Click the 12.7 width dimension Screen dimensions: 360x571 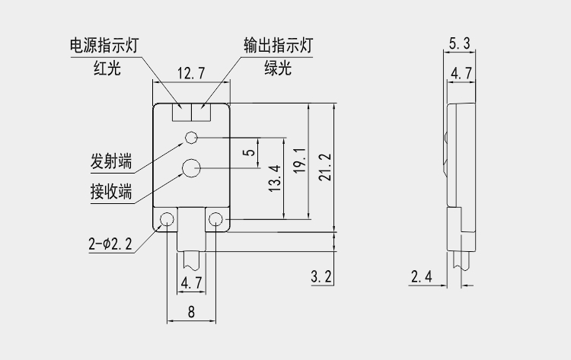click(191, 74)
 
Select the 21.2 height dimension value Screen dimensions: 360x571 click(325, 167)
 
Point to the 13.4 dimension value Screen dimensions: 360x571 click(275, 179)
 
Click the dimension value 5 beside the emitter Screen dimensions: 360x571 click(249, 151)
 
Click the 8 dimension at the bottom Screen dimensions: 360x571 click(191, 311)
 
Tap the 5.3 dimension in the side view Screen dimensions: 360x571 click(459, 43)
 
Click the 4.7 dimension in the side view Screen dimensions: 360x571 click(461, 73)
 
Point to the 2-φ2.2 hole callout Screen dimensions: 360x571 click(110, 244)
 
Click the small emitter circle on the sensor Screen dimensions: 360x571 click(191, 137)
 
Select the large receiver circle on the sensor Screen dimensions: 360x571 click(190, 167)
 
